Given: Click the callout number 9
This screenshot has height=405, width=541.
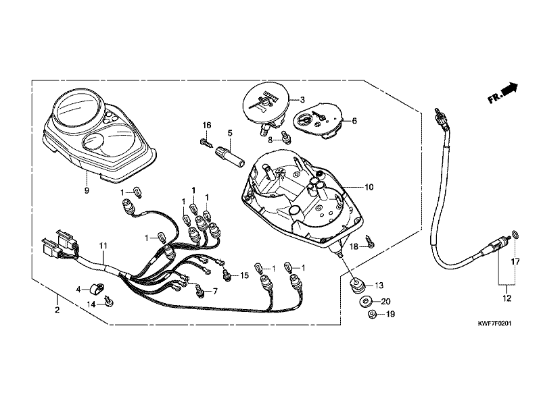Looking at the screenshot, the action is click(87, 190).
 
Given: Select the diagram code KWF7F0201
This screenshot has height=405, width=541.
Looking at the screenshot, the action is click(494, 324).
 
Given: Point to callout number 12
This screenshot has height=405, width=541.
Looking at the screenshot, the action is click(507, 298).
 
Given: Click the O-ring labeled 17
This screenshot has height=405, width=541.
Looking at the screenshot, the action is click(515, 235).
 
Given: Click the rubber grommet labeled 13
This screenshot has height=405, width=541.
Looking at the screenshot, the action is click(356, 285).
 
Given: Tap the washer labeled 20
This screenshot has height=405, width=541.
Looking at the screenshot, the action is click(365, 302).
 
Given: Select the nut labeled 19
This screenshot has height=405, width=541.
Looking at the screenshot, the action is click(372, 314).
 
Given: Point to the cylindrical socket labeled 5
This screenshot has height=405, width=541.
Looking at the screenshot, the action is click(229, 157).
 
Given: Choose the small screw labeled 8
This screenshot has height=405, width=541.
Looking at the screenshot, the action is click(286, 138).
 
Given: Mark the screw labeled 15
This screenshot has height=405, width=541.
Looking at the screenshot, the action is click(227, 275).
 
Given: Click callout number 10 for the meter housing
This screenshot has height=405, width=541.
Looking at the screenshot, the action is click(369, 187).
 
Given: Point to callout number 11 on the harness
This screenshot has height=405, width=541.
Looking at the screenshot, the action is click(103, 246).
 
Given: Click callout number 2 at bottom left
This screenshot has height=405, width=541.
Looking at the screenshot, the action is click(57, 310).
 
